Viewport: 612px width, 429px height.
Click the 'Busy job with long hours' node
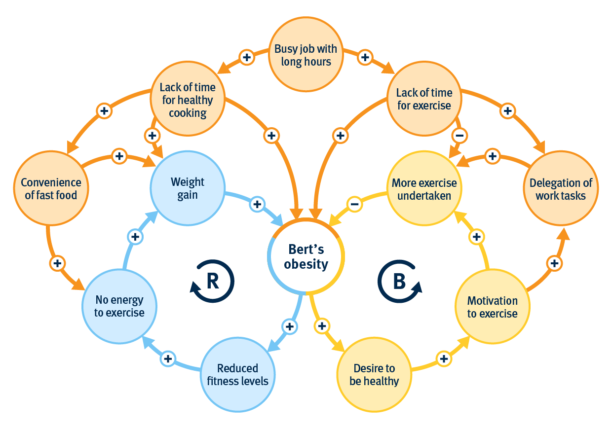click(306, 55)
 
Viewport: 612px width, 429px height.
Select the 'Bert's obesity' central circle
click(306, 257)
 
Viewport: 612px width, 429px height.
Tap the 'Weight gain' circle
click(188, 188)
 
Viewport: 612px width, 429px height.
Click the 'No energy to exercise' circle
click(119, 306)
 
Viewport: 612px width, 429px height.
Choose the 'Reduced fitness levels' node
click(238, 375)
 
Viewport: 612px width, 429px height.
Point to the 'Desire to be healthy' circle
click(374, 375)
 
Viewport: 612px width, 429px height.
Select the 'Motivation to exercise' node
click(493, 307)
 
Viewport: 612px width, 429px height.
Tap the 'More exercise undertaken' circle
click(424, 189)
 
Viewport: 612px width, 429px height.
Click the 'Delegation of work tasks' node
click(561, 189)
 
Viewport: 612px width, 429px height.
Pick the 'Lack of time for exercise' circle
click(424, 99)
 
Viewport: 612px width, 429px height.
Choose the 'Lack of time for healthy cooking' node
click(188, 100)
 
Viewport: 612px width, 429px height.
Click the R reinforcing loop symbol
click(212, 281)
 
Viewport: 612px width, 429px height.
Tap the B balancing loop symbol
click(399, 281)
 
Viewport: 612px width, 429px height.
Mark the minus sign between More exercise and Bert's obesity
click(354, 203)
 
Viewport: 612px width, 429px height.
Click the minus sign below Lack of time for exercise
click(459, 136)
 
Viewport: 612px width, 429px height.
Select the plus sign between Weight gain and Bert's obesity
click(257, 203)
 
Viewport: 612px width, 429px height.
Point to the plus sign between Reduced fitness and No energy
click(168, 358)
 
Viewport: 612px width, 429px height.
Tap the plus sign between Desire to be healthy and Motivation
click(444, 358)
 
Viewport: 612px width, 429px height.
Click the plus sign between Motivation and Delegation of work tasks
click(554, 263)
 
